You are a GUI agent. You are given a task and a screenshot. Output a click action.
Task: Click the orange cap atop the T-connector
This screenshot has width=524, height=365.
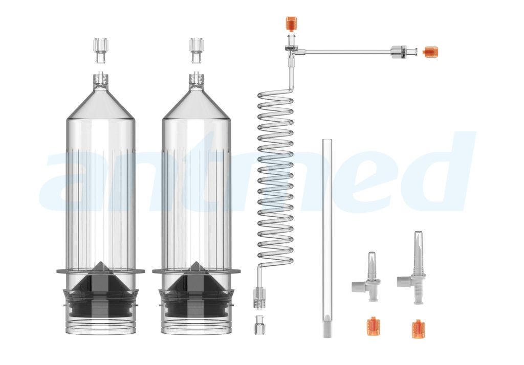[291, 23]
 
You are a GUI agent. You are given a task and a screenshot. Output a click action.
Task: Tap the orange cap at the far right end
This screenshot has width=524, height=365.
[431, 52]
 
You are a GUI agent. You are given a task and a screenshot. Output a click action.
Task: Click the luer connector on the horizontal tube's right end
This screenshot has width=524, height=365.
[399, 52]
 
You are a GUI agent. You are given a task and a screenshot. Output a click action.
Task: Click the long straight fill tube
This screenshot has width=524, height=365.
[327, 230]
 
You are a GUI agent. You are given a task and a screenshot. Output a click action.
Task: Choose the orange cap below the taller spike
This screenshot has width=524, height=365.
[418, 328]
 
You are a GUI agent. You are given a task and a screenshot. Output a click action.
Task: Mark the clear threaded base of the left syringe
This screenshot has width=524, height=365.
[101, 325]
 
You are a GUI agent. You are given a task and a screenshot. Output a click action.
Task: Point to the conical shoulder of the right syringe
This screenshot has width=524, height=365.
[196, 105]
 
